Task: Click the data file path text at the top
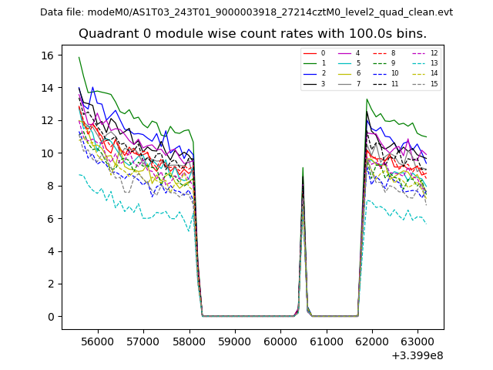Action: [x=246, y=12]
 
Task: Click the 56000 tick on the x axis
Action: [x=97, y=341]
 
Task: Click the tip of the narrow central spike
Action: [x=303, y=168]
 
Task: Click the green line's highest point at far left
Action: [x=79, y=57]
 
